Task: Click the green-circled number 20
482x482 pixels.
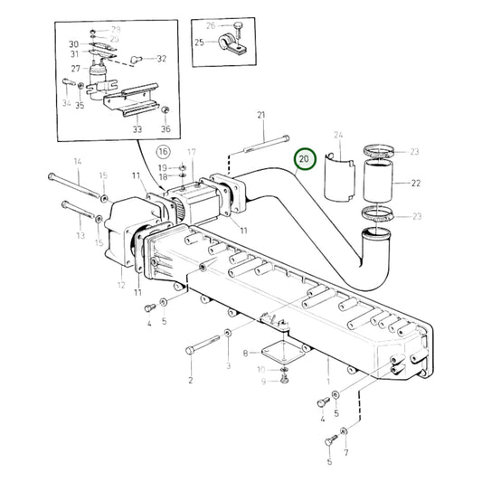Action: coord(305,158)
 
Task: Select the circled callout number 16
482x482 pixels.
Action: coord(163,151)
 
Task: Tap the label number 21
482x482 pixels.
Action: coord(261,114)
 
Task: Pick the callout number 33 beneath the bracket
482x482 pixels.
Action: coord(137,130)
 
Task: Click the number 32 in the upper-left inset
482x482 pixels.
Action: coord(161,59)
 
